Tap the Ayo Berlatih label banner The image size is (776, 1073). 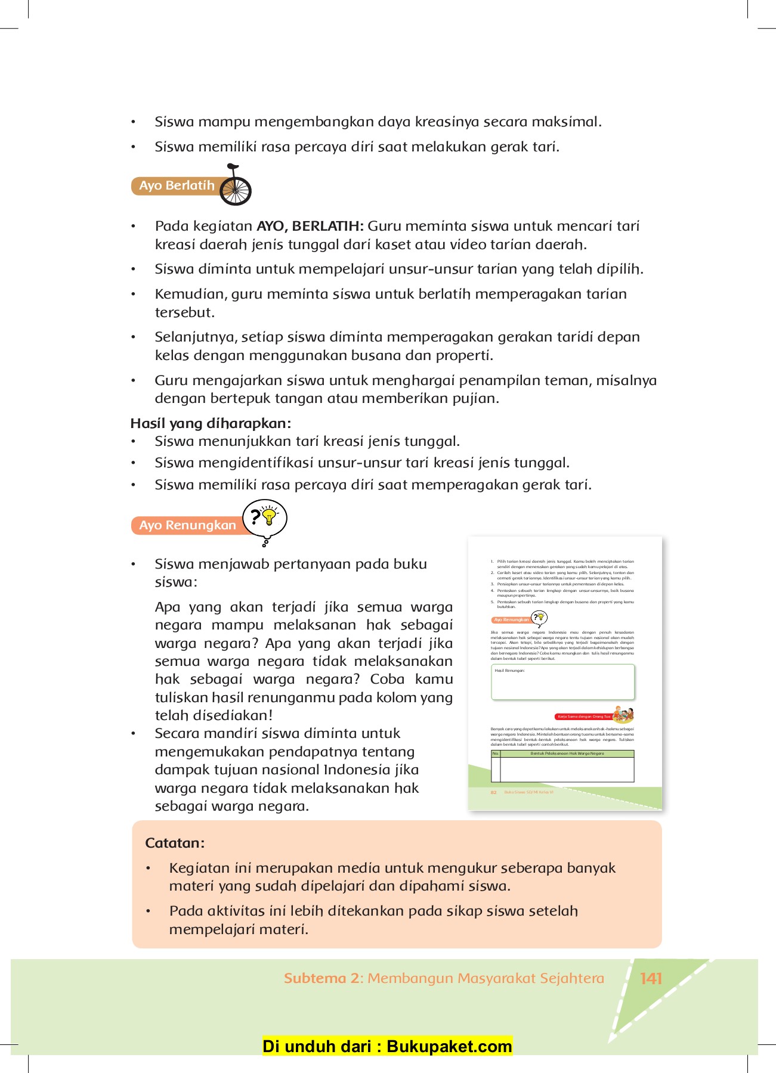tap(177, 185)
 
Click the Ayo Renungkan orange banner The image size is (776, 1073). tap(187, 525)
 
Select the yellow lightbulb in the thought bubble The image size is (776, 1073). tap(270, 516)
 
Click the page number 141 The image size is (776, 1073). tap(651, 978)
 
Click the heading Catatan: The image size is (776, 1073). tap(175, 843)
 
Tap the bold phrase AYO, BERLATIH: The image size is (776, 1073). tap(310, 226)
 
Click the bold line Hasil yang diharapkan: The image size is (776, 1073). tap(211, 423)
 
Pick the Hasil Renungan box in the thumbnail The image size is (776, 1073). tap(562, 682)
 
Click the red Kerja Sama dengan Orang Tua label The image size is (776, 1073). tap(583, 717)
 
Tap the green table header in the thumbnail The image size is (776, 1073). tap(567, 753)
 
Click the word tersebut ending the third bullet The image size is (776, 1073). tap(184, 312)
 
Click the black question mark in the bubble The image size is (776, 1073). tap(255, 516)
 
